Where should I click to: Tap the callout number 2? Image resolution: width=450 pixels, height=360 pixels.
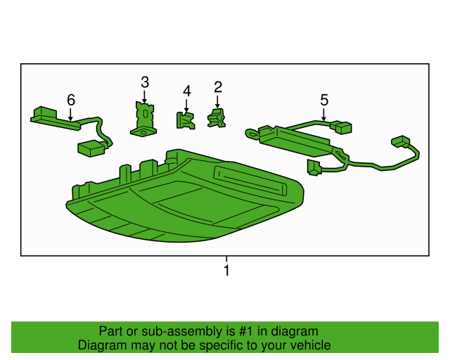coord(218,87)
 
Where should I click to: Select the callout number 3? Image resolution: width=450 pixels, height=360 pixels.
coord(145,82)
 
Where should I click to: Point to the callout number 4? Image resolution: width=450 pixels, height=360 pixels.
coord(187,91)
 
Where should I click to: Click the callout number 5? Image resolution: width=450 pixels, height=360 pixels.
coord(324,100)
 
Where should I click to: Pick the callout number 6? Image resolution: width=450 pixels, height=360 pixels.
coord(70,100)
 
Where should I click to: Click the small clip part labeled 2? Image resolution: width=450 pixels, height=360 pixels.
coord(217,118)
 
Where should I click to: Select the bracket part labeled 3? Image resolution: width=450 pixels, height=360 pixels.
coord(143,117)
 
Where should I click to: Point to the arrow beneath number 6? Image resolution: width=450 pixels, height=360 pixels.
coord(70,112)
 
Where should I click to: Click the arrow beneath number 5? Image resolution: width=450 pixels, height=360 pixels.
coord(324,113)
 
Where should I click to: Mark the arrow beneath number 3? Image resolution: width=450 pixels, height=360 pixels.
coord(145,96)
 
